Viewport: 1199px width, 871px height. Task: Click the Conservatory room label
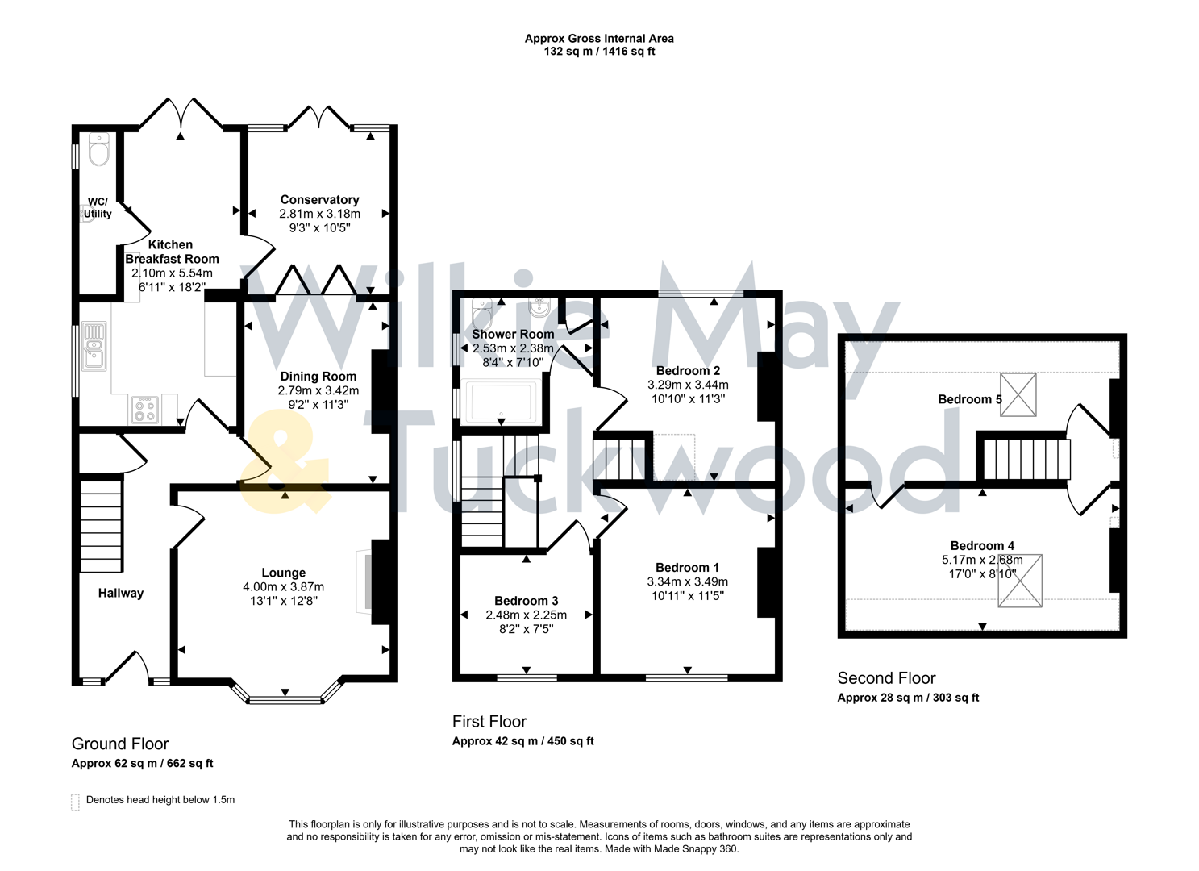tap(319, 200)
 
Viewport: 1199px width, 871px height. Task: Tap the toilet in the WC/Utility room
tap(98, 150)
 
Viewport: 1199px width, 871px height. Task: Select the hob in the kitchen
tap(145, 410)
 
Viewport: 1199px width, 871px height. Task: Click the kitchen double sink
tap(94, 345)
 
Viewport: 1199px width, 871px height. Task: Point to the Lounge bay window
tap(285, 698)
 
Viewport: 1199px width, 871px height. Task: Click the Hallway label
tap(121, 594)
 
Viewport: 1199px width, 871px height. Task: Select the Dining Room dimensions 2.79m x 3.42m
tap(318, 391)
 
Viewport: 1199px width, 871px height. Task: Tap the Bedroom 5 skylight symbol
tap(1018, 394)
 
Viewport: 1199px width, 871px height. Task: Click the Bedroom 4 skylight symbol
tap(1019, 580)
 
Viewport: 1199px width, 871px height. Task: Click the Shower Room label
tap(513, 334)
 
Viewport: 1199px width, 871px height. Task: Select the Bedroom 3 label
tap(526, 601)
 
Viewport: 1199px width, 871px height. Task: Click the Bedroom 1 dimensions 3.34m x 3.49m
tap(687, 582)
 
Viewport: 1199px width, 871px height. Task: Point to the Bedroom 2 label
tap(687, 371)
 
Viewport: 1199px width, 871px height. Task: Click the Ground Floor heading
tap(120, 744)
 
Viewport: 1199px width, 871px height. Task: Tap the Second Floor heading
tap(886, 678)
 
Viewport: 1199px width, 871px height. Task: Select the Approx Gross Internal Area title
tap(599, 38)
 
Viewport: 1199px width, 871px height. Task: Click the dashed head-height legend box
tap(76, 802)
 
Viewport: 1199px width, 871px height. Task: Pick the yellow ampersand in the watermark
tap(285, 470)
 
